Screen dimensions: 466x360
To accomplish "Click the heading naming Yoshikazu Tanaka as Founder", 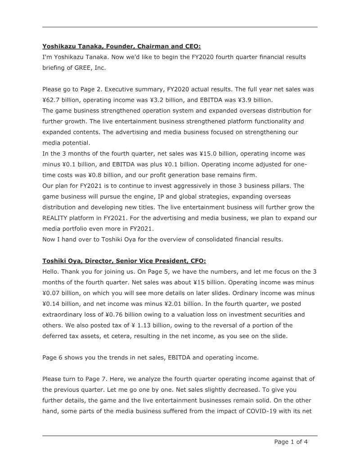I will click(121, 46).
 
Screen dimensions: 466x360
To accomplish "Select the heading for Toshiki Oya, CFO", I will click(124, 261).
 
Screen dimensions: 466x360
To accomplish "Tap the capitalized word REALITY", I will click(57, 218).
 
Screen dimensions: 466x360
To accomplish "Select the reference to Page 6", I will click(52, 357).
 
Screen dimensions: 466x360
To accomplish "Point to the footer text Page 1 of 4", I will click(291, 442).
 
